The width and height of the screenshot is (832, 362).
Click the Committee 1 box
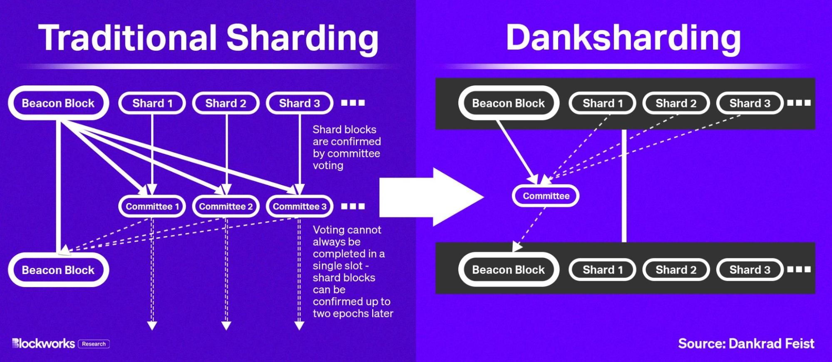(152, 206)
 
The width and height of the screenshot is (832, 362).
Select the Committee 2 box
(226, 206)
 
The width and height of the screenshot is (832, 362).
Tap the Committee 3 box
(299, 206)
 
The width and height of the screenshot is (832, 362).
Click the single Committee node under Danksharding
(546, 196)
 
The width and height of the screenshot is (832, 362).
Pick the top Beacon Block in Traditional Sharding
(58, 103)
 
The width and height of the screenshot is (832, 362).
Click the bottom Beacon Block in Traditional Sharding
(58, 270)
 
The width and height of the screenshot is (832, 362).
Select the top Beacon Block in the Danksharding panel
(508, 103)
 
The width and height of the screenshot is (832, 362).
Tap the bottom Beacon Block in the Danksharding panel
(508, 270)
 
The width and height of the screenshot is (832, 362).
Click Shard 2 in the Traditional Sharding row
(226, 103)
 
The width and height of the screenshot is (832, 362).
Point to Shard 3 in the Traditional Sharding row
(299, 103)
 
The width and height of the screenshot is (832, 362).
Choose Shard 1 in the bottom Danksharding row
(602, 270)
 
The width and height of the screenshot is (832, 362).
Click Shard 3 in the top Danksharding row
(750, 103)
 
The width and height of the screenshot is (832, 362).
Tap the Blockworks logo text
(44, 344)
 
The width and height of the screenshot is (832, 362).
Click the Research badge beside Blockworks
(94, 344)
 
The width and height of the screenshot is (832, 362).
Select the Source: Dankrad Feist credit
(746, 344)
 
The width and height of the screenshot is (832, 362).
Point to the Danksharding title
(623, 37)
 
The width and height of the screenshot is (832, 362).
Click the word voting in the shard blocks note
(328, 165)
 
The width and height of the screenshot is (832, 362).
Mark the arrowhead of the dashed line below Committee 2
(226, 325)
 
